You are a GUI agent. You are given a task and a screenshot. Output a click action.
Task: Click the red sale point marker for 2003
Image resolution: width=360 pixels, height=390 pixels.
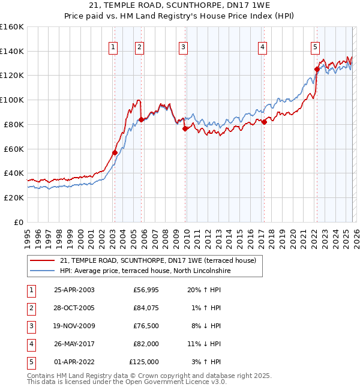[x=115, y=152]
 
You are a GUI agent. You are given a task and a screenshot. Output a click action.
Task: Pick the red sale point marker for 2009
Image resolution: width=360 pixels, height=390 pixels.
[x=185, y=128]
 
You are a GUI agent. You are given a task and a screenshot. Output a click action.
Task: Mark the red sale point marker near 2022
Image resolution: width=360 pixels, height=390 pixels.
[x=316, y=69]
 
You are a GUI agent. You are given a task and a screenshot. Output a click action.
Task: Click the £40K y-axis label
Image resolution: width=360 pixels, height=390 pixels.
[x=14, y=173]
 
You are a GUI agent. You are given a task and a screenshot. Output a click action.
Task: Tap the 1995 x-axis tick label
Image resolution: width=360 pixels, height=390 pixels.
[x=28, y=235]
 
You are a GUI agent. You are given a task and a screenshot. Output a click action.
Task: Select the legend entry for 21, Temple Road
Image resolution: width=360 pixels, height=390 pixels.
[x=158, y=260]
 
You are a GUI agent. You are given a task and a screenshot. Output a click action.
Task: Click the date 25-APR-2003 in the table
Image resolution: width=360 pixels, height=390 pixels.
[x=74, y=290]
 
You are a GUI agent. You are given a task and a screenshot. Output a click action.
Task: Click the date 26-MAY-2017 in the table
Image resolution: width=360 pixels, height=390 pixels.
[x=74, y=344]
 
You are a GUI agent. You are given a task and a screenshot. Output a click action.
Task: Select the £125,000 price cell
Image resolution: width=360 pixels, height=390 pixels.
[x=144, y=362]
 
